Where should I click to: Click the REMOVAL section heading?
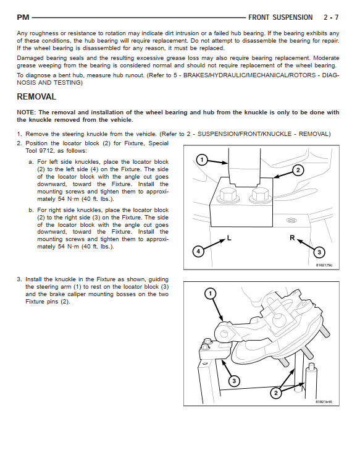pos(36,97)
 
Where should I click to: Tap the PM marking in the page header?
pos(23,17)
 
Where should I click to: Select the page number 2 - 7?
pos(331,17)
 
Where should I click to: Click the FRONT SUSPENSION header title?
pos(280,17)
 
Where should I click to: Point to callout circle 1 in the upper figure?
pos(202,160)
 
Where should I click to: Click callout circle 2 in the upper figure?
pos(298,170)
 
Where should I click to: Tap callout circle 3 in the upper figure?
pos(319,252)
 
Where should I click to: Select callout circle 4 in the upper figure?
pos(198,252)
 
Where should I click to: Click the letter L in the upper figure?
pos(229,237)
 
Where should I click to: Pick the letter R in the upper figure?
pos(292,238)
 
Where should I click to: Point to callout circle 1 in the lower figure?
pos(211,294)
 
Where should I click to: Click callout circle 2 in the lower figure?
pos(276,393)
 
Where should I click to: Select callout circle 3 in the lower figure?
pos(234,381)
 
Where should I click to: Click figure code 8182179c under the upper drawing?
pos(324,265)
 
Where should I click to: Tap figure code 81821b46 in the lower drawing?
pos(324,402)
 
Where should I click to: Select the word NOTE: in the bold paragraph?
pos(26,113)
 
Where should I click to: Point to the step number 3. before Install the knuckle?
pos(20,279)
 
